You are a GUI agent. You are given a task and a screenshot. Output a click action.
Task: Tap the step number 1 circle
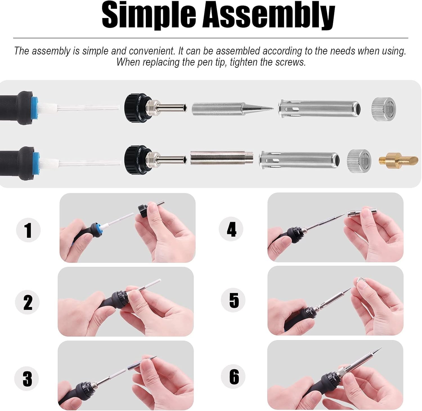point(28,230)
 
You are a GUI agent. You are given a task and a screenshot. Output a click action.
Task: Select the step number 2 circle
point(28,302)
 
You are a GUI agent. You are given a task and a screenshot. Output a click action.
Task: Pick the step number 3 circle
point(27,378)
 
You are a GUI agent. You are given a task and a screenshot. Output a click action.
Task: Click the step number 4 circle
point(231,229)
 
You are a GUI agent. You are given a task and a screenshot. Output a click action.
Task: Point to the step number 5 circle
point(233,300)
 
